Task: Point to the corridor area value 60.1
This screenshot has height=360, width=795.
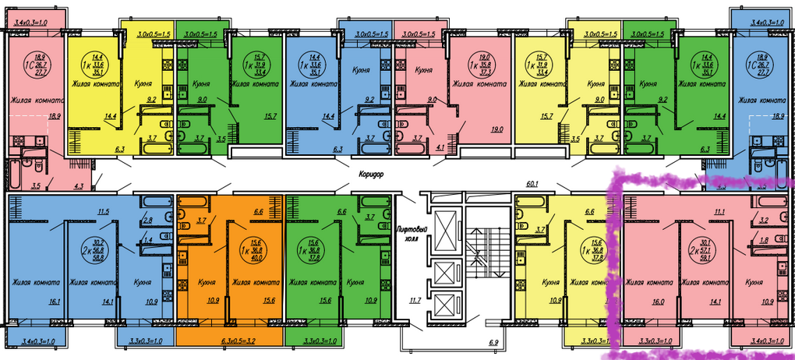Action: coord(534,185)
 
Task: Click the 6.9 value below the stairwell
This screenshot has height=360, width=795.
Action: coord(493,343)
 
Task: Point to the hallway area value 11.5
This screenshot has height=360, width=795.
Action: coord(102,211)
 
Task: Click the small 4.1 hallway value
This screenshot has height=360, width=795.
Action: coord(440,146)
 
